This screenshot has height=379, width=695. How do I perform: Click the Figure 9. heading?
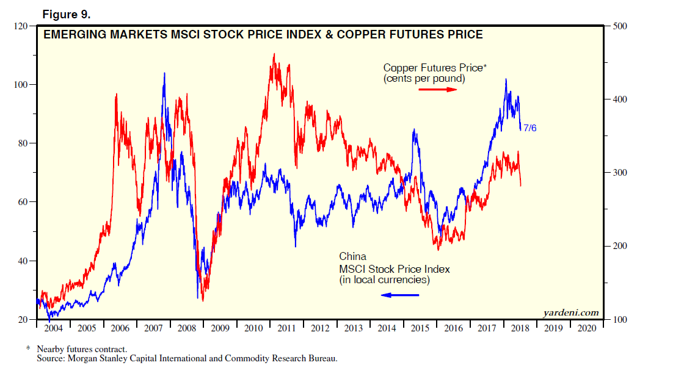coord(65,12)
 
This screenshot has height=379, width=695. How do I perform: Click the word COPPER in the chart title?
coord(349,35)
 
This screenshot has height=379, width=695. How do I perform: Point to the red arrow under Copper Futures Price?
coord(437,90)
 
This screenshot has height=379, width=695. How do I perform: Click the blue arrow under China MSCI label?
coord(400,295)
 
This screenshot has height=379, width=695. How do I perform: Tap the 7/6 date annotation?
coord(530,128)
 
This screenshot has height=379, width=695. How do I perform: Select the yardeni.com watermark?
coord(570,313)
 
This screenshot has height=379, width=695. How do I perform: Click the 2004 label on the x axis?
coord(54,328)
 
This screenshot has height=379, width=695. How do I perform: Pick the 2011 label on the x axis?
coord(287,328)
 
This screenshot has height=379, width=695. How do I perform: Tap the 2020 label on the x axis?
coord(586,328)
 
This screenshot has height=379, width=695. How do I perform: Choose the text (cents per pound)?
coord(424,79)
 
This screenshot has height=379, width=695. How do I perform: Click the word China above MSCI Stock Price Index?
coord(352,257)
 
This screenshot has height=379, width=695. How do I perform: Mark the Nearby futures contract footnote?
coord(82,349)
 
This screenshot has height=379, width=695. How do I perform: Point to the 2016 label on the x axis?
coord(453,328)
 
